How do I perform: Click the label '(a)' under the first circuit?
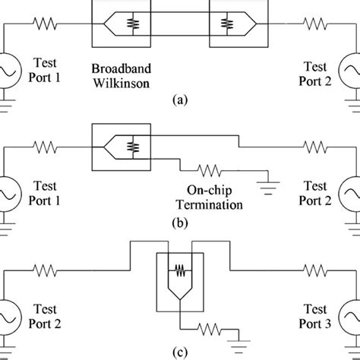click(179, 99)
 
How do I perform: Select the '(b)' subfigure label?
click(179, 223)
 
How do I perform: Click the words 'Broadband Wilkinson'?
click(126, 74)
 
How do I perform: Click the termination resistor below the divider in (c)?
click(210, 328)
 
